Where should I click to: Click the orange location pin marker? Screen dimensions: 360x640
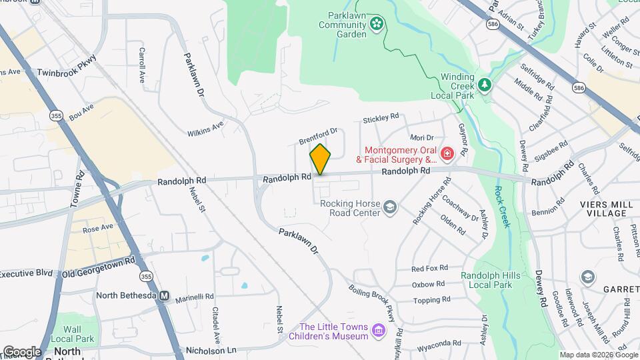[320, 159]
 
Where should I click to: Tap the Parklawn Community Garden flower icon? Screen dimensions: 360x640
[377, 25]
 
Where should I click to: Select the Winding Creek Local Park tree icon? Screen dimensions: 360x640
[485, 85]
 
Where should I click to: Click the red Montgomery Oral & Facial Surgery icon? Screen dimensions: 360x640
[447, 155]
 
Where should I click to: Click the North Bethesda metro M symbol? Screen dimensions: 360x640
[164, 295]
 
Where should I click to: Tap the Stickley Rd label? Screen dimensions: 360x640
[381, 119]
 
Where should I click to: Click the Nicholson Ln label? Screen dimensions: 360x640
[211, 349]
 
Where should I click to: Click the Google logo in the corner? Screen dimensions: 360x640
[22, 351]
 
